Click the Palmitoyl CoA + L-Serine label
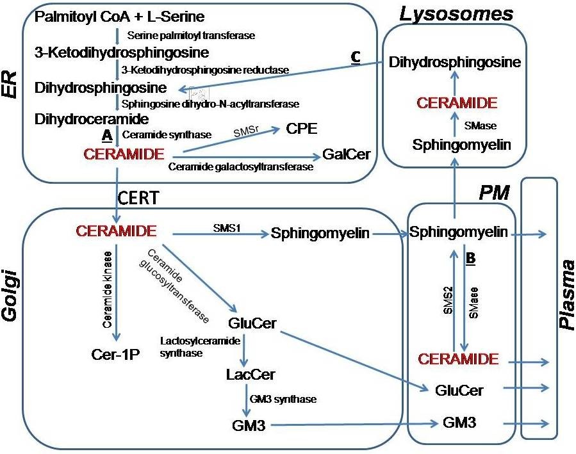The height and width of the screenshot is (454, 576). click(111, 15)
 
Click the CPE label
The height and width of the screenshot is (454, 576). click(303, 130)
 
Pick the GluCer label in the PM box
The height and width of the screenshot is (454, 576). click(458, 390)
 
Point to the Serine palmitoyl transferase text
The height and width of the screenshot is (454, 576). click(192, 35)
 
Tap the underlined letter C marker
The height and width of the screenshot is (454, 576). click(356, 56)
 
